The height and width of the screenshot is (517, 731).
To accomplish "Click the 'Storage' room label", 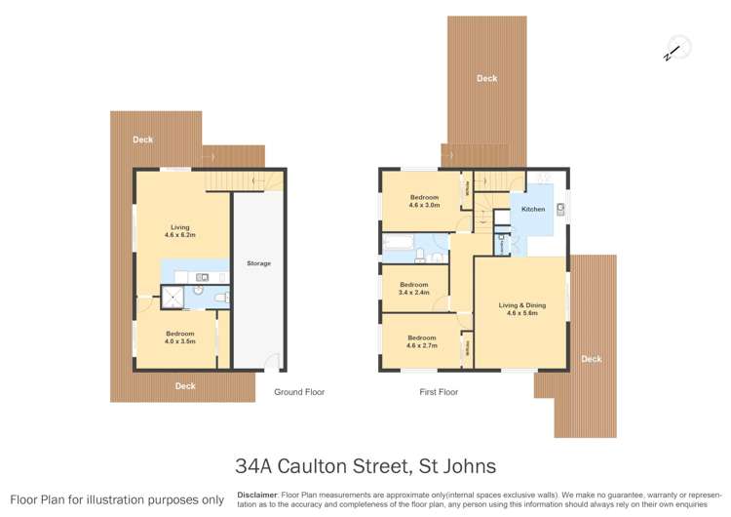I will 258,263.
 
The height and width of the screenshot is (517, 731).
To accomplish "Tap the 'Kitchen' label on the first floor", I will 533,210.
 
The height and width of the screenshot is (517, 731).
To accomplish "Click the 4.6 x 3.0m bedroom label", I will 424,202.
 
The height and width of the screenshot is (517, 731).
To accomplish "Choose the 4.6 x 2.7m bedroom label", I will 422,341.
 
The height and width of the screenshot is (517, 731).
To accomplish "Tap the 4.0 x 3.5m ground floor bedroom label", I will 178,338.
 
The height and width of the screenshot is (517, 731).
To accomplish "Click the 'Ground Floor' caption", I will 299,392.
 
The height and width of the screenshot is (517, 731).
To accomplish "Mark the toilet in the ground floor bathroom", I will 220,297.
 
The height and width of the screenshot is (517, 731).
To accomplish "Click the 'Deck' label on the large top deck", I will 486,79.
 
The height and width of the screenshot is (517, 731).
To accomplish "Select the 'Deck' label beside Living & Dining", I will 591,359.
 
